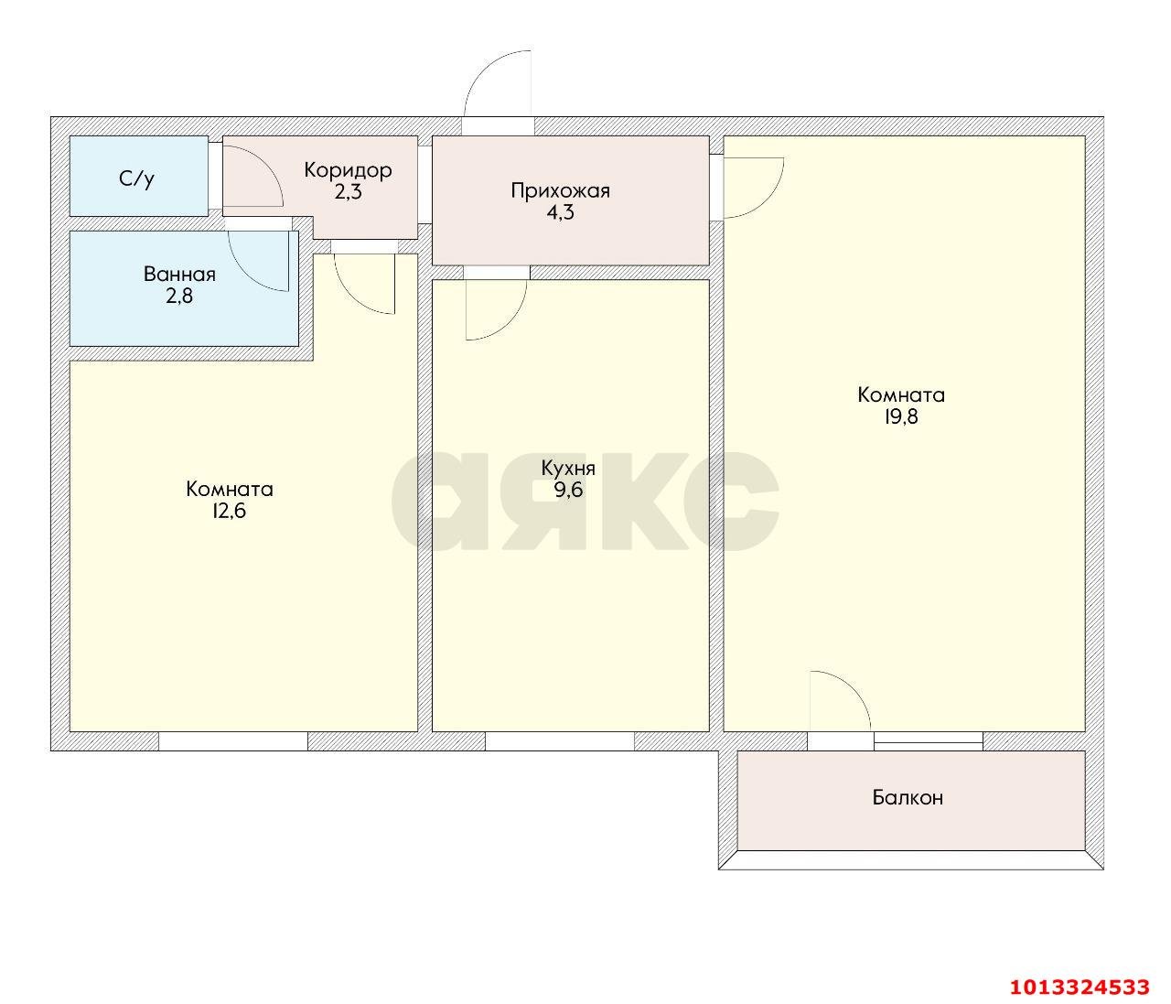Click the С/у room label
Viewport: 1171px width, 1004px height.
coord(136,178)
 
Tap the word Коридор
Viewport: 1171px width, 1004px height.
coord(348,170)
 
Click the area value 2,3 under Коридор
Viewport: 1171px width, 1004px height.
coord(349,192)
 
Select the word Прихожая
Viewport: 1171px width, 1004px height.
coord(560,191)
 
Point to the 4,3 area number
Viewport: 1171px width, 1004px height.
coord(560,213)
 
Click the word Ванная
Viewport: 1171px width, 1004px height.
coord(179,275)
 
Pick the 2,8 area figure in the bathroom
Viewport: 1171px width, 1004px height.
coord(179,296)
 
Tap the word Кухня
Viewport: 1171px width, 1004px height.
coord(568,469)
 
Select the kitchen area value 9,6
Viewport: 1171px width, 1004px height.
coord(568,491)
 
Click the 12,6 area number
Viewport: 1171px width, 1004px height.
coord(229,511)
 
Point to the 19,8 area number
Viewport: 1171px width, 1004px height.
coord(901,417)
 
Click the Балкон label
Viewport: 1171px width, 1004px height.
coord(908,798)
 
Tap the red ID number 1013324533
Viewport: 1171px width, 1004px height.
coord(1080,987)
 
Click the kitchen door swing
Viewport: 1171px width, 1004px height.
coord(495,309)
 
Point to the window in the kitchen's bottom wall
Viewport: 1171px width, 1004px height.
coord(559,741)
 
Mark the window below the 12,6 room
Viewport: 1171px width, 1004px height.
coord(233,741)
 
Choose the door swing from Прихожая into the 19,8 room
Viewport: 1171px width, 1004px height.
coord(753,189)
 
